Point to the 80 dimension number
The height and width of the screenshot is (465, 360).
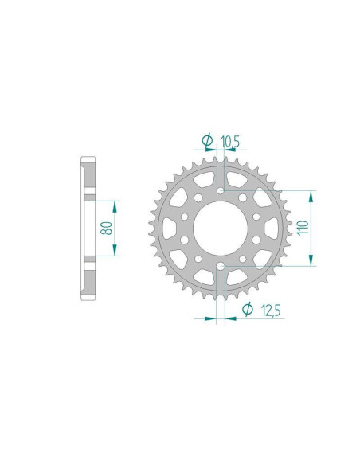tap(105, 228)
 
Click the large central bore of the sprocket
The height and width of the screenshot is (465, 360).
tap(220, 229)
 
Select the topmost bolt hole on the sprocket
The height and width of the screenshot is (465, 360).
tap(220, 191)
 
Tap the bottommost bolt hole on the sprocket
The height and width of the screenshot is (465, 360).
tap(220, 265)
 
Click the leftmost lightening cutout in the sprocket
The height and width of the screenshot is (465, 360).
tap(167, 229)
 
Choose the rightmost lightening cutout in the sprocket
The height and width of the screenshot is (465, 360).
tap(272, 229)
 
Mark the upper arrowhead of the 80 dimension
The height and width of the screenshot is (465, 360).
tap(116, 204)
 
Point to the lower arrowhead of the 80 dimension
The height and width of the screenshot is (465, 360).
tap(116, 252)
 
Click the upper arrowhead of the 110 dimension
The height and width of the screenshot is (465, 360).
tap(311, 194)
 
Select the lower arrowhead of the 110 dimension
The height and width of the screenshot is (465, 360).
tap(311, 262)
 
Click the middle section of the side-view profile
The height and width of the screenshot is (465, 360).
tap(88, 228)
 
